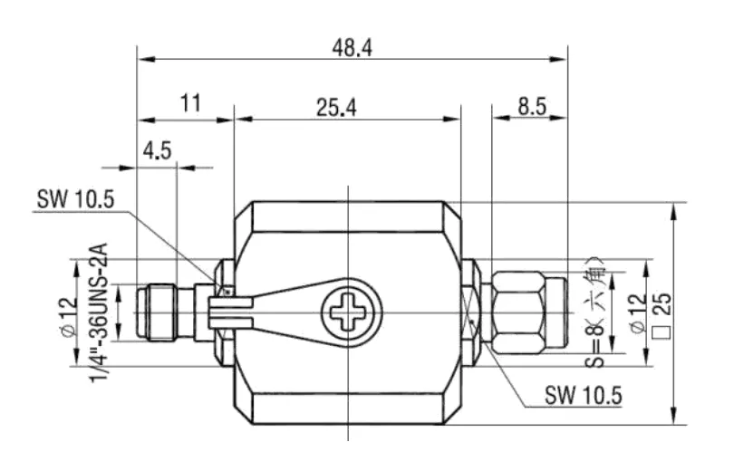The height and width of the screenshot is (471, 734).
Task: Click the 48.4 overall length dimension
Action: pyautogui.click(x=353, y=48)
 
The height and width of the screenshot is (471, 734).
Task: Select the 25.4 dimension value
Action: pyautogui.click(x=336, y=107)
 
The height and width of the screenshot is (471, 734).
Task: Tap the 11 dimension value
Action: pyautogui.click(x=190, y=103)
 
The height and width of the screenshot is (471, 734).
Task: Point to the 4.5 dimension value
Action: pyautogui.click(x=158, y=150)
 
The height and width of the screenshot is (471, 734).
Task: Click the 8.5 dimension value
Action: pyautogui.click(x=532, y=107)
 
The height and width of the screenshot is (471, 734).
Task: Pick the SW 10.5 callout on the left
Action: pyautogui.click(x=75, y=199)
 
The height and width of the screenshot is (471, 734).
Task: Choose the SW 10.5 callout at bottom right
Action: pyautogui.click(x=584, y=396)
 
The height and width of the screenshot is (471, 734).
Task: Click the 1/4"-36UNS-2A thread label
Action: pyautogui.click(x=99, y=312)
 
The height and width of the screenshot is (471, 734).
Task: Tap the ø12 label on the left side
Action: pyautogui.click(x=69, y=317)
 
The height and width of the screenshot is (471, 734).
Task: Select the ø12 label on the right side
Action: pyautogui.click(x=639, y=313)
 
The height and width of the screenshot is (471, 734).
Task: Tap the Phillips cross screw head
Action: pyautogui.click(x=352, y=311)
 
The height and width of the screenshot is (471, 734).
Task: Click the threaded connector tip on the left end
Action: pyautogui.click(x=156, y=312)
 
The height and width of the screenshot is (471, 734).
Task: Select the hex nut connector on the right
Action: pyautogui.click(x=518, y=312)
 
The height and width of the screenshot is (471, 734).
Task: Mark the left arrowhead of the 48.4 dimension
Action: pyautogui.click(x=146, y=60)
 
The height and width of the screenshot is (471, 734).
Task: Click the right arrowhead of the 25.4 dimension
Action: pyautogui.click(x=451, y=119)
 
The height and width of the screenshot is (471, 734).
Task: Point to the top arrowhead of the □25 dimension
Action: pyautogui.click(x=673, y=211)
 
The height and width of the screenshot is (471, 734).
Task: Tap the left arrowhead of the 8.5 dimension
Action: pyautogui.click(x=501, y=118)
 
